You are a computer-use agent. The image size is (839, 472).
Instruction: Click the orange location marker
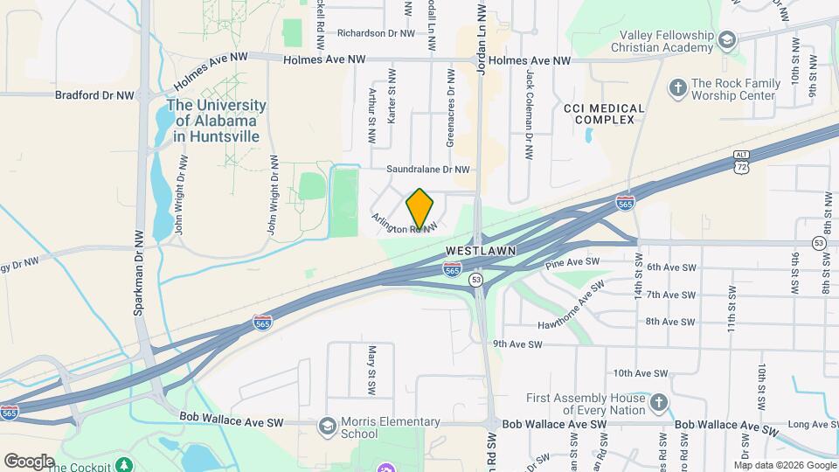pyautogui.click(x=419, y=209)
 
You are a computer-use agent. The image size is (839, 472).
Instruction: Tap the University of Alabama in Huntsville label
pyautogui.click(x=216, y=121)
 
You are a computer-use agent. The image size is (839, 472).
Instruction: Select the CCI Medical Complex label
pyautogui.click(x=604, y=114)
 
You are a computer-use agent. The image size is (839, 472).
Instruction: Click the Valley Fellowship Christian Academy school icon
pyautogui.click(x=726, y=39)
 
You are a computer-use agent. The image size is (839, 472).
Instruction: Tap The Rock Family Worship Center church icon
pyautogui.click(x=677, y=87)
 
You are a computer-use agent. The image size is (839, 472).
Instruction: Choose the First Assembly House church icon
pyautogui.click(x=659, y=403)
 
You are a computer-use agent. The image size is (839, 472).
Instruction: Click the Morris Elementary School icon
pyautogui.click(x=328, y=426)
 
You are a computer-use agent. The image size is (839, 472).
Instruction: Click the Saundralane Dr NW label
pyautogui.click(x=428, y=170)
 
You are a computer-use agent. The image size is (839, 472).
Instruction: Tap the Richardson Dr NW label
pyautogui.click(x=376, y=33)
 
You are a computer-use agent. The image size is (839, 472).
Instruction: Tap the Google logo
pyautogui.click(x=29, y=461)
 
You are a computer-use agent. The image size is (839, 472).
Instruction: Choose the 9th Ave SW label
pyautogui.click(x=517, y=344)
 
